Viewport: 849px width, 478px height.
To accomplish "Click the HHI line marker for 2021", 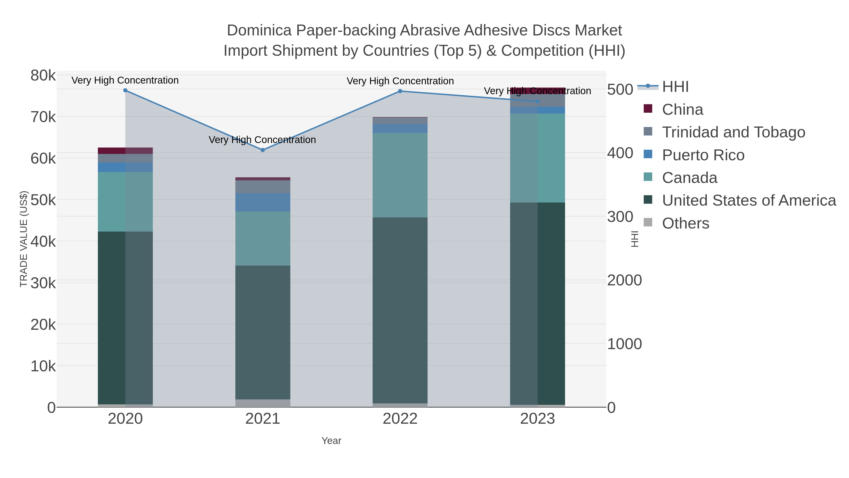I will click(263, 150).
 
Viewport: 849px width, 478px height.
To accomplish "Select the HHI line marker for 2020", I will click(125, 90).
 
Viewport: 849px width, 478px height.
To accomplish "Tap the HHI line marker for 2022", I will click(400, 91).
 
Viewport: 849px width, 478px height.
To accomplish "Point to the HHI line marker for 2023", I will click(537, 102).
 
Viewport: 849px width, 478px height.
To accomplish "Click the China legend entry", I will click(682, 110).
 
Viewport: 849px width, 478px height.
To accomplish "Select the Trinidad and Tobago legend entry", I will click(733, 132).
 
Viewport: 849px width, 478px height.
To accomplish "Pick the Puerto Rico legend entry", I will click(703, 155).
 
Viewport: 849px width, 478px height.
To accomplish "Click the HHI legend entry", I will click(675, 87).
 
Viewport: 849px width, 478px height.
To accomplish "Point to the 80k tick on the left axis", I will click(43, 76).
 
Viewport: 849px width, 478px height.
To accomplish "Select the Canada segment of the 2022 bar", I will click(400, 175).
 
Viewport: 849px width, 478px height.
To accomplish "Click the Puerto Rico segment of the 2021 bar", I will click(263, 202).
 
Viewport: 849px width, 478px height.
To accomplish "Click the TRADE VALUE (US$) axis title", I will click(24, 239).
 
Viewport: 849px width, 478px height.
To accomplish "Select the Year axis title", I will click(331, 441).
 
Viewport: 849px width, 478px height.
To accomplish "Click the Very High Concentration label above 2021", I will click(262, 140).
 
